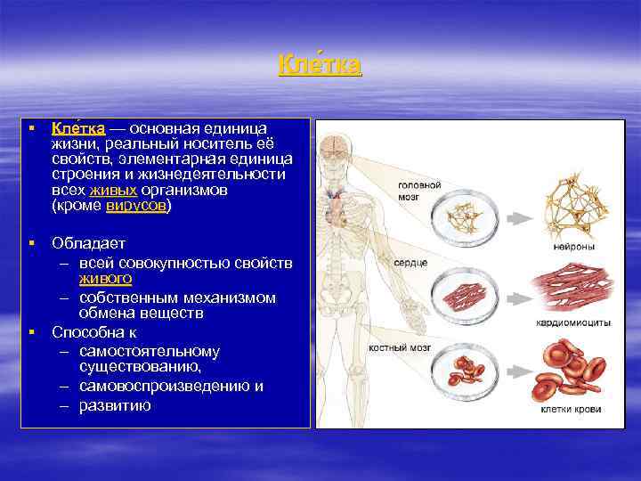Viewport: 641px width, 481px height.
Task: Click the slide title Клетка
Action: coord(320,66)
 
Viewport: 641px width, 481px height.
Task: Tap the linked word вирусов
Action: coord(135,206)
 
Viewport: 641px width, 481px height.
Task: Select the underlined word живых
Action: coord(113,190)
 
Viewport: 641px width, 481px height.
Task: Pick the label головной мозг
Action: coord(418,191)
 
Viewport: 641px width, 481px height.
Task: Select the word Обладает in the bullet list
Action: coord(89,243)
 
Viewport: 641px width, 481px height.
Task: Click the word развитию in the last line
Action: coord(115,405)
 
